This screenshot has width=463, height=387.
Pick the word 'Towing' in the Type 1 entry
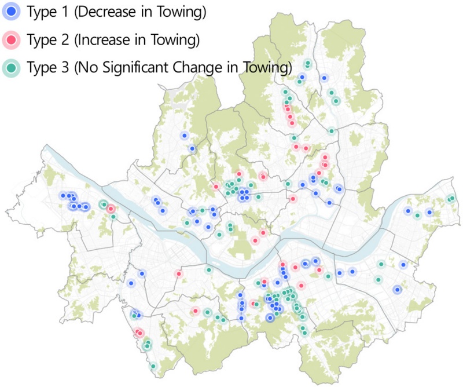click(x=182, y=10)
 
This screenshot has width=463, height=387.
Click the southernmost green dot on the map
click(x=153, y=366)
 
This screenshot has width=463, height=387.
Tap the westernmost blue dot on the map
click(x=61, y=195)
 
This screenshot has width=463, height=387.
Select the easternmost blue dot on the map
click(x=429, y=213)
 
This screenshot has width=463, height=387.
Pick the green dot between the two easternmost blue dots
click(x=417, y=216)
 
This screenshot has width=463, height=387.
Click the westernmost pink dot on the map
click(x=111, y=209)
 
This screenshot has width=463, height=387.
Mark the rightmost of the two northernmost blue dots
click(x=325, y=78)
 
